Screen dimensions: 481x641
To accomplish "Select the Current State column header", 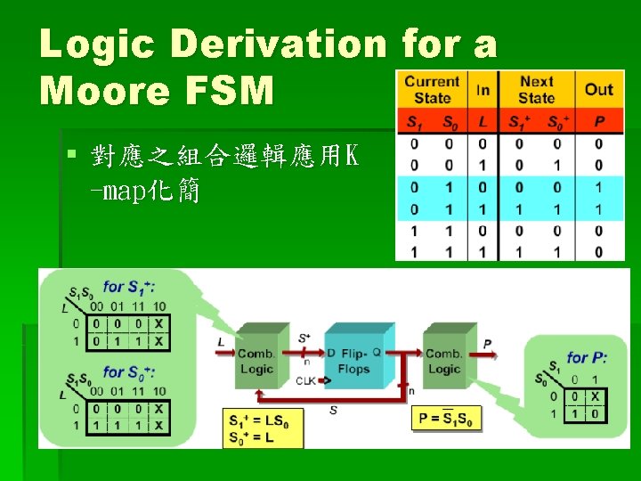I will click(432, 89).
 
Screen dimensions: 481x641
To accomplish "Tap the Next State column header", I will click(537, 89).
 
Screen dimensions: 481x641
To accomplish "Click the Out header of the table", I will click(598, 89).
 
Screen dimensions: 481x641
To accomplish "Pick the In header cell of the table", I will click(483, 89).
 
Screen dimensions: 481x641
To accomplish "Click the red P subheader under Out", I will click(598, 122).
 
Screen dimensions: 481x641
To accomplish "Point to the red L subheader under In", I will click(483, 122).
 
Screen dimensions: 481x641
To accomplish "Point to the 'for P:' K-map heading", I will click(588, 357).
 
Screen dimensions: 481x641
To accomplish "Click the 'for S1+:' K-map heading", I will click(130, 287).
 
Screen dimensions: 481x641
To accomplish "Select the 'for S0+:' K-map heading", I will click(130, 371).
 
